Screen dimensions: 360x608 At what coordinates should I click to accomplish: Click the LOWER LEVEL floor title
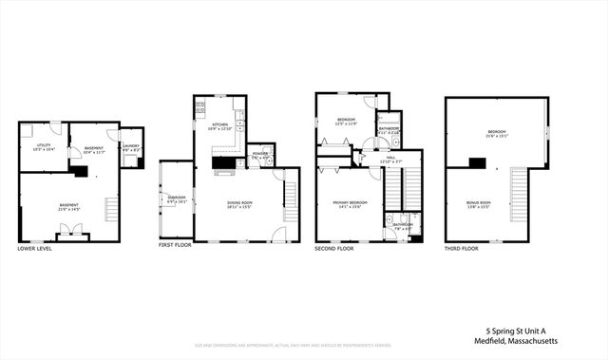point(34,248)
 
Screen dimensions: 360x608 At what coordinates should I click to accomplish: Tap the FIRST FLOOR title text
point(175,245)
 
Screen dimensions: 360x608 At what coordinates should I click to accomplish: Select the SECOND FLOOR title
point(333,248)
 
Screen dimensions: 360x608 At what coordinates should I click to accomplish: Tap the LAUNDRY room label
point(130,146)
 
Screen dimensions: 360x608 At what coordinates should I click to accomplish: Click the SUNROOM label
point(176,199)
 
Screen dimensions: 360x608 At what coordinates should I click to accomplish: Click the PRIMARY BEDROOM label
point(350,203)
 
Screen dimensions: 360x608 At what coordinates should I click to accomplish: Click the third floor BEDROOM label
point(498,132)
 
